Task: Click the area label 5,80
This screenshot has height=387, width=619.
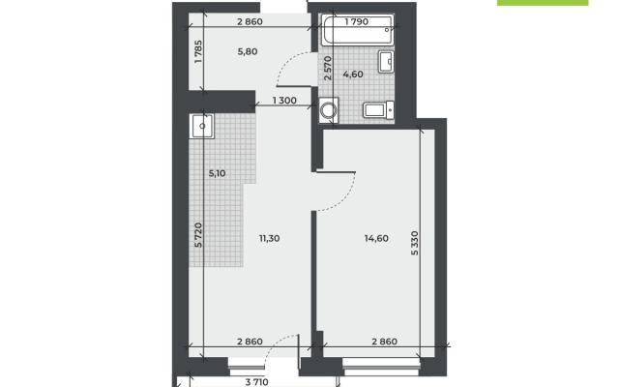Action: point(248,51)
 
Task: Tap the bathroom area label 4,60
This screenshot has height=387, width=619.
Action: point(353,74)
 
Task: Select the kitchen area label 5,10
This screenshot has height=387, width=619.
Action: point(217,173)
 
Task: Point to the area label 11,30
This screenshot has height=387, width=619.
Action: point(269,238)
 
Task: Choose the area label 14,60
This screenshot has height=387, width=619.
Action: point(376,238)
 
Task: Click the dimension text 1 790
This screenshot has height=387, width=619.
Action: point(357,21)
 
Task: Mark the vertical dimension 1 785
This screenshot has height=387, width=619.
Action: point(198,51)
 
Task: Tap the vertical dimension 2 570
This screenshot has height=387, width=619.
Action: point(328,68)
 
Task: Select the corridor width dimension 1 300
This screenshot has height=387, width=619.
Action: point(284,101)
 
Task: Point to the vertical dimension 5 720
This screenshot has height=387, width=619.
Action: point(198,235)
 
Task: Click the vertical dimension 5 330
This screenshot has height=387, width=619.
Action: point(414,243)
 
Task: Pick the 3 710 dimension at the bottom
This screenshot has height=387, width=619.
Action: point(256,382)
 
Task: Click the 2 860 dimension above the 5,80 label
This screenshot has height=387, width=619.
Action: point(250,21)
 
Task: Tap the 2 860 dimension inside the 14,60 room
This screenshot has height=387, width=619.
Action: point(385,342)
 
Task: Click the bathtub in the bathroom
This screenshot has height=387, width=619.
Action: point(357,30)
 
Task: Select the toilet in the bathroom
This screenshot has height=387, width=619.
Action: point(378,109)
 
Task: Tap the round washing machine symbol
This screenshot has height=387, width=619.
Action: point(329,109)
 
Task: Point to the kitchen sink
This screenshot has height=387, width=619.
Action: point(202,127)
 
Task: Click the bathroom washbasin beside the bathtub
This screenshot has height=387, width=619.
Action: point(386,62)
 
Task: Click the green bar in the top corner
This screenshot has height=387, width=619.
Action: point(543,2)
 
